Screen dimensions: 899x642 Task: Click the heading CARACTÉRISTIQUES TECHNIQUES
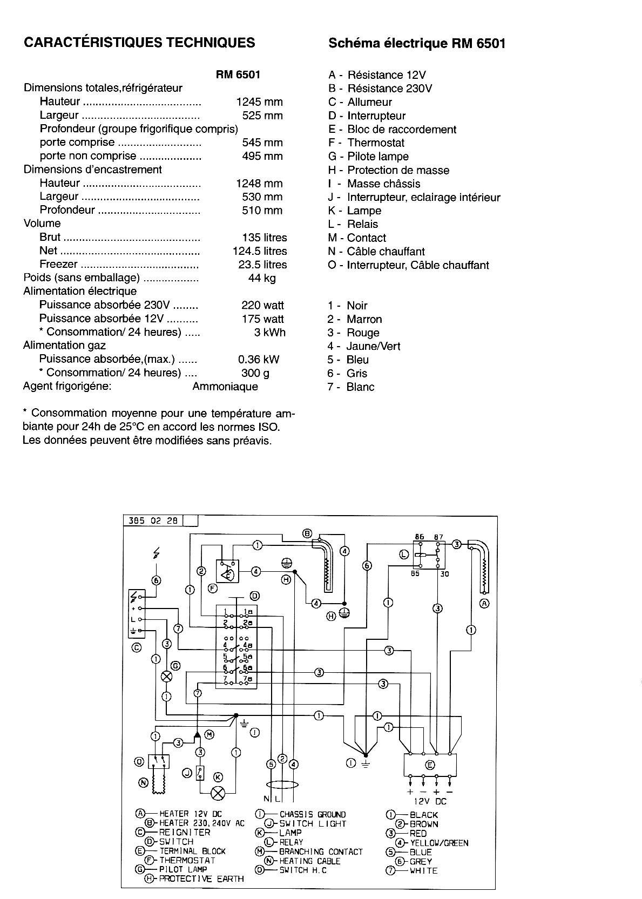tap(139, 43)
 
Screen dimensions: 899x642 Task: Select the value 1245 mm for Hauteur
tap(259, 102)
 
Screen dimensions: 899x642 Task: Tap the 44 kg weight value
tap(261, 278)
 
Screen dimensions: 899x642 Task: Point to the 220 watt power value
tap(262, 305)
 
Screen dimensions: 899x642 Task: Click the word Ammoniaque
tap(225, 387)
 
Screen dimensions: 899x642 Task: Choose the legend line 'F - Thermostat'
tap(366, 143)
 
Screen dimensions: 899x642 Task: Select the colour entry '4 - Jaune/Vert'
tap(364, 346)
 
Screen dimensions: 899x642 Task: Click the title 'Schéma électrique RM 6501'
tap(417, 43)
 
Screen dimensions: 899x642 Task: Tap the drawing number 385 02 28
tap(153, 521)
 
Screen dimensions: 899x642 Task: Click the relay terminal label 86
tap(420, 537)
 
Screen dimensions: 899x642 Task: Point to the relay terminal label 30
tap(444, 574)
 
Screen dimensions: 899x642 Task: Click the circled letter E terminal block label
tap(430, 765)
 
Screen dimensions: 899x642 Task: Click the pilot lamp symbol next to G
tap(167, 676)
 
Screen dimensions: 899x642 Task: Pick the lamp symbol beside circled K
tap(218, 793)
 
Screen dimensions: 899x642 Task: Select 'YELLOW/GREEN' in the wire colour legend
tap(439, 842)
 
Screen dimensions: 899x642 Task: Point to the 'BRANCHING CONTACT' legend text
tap(321, 851)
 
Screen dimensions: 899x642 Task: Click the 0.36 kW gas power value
tap(259, 359)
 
